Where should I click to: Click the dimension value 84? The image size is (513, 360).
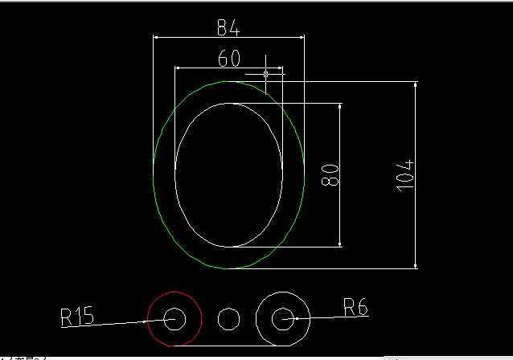(228, 27)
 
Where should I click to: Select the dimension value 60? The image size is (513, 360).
(229, 58)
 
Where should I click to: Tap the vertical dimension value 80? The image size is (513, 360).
(330, 175)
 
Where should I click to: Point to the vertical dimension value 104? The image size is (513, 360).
(405, 176)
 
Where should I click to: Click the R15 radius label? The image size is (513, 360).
(77, 316)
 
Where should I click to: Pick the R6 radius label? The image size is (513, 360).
(355, 307)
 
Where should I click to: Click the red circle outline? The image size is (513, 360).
(148, 319)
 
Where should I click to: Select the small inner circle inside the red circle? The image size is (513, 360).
(164, 319)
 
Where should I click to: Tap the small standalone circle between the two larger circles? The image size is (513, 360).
(218, 319)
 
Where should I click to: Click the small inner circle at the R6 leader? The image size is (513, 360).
(272, 319)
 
